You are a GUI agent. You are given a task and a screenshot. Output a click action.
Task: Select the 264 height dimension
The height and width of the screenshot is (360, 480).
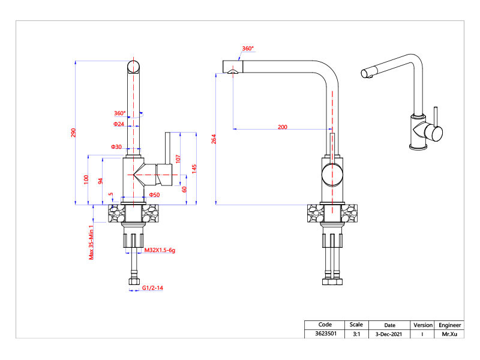(x=214, y=139)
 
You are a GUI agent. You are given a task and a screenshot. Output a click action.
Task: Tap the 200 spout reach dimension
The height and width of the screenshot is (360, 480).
(x=282, y=127)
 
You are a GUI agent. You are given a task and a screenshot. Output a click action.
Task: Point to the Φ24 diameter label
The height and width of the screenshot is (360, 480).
(x=118, y=124)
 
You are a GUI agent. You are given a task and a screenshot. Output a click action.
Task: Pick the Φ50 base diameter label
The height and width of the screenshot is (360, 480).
(x=155, y=195)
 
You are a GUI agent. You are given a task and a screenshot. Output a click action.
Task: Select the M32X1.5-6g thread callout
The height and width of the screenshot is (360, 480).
(x=160, y=249)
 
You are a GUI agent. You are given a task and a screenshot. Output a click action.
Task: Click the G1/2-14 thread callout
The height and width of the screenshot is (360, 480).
(x=153, y=289)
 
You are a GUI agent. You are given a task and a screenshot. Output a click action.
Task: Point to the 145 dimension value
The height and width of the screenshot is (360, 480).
(x=194, y=169)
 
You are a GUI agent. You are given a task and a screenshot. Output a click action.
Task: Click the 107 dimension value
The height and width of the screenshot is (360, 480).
(x=178, y=159)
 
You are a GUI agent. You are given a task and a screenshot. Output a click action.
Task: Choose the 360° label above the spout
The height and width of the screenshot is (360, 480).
(x=248, y=49)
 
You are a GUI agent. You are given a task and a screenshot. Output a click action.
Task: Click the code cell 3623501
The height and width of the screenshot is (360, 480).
(x=325, y=334)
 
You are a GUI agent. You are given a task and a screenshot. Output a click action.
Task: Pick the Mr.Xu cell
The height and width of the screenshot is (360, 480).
(x=449, y=334)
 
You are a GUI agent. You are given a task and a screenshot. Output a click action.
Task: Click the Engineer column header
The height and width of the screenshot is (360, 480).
(x=449, y=325)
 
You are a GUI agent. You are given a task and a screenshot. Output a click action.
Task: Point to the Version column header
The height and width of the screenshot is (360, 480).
(x=423, y=325)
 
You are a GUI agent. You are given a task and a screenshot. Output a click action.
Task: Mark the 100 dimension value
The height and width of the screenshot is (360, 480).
(x=86, y=179)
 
